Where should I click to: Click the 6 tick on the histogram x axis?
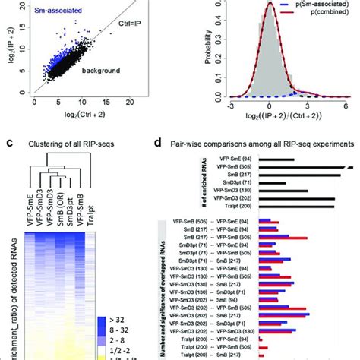coord(346,104)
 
